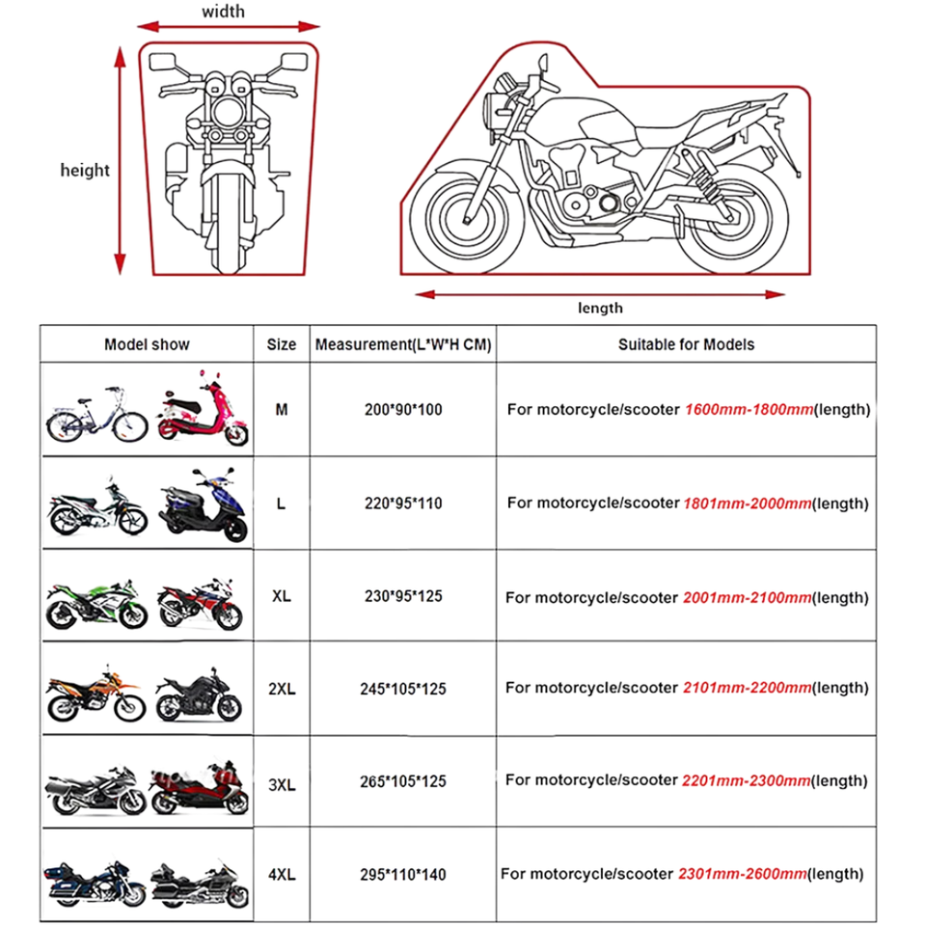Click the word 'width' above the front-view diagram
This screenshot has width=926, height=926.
(x=223, y=13)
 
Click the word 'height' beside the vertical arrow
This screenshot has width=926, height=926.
(x=85, y=171)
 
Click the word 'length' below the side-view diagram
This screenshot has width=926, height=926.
(x=600, y=309)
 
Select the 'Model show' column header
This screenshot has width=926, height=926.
(x=147, y=344)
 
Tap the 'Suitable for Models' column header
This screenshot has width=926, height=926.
(x=686, y=344)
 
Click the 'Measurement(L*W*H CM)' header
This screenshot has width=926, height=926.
(x=403, y=344)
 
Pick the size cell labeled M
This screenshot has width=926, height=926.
(x=281, y=409)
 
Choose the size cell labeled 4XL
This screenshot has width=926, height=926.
(x=281, y=875)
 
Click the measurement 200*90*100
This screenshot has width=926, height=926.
(x=403, y=410)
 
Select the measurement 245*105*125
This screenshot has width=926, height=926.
(x=403, y=689)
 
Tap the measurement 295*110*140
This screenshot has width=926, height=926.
(x=403, y=875)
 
